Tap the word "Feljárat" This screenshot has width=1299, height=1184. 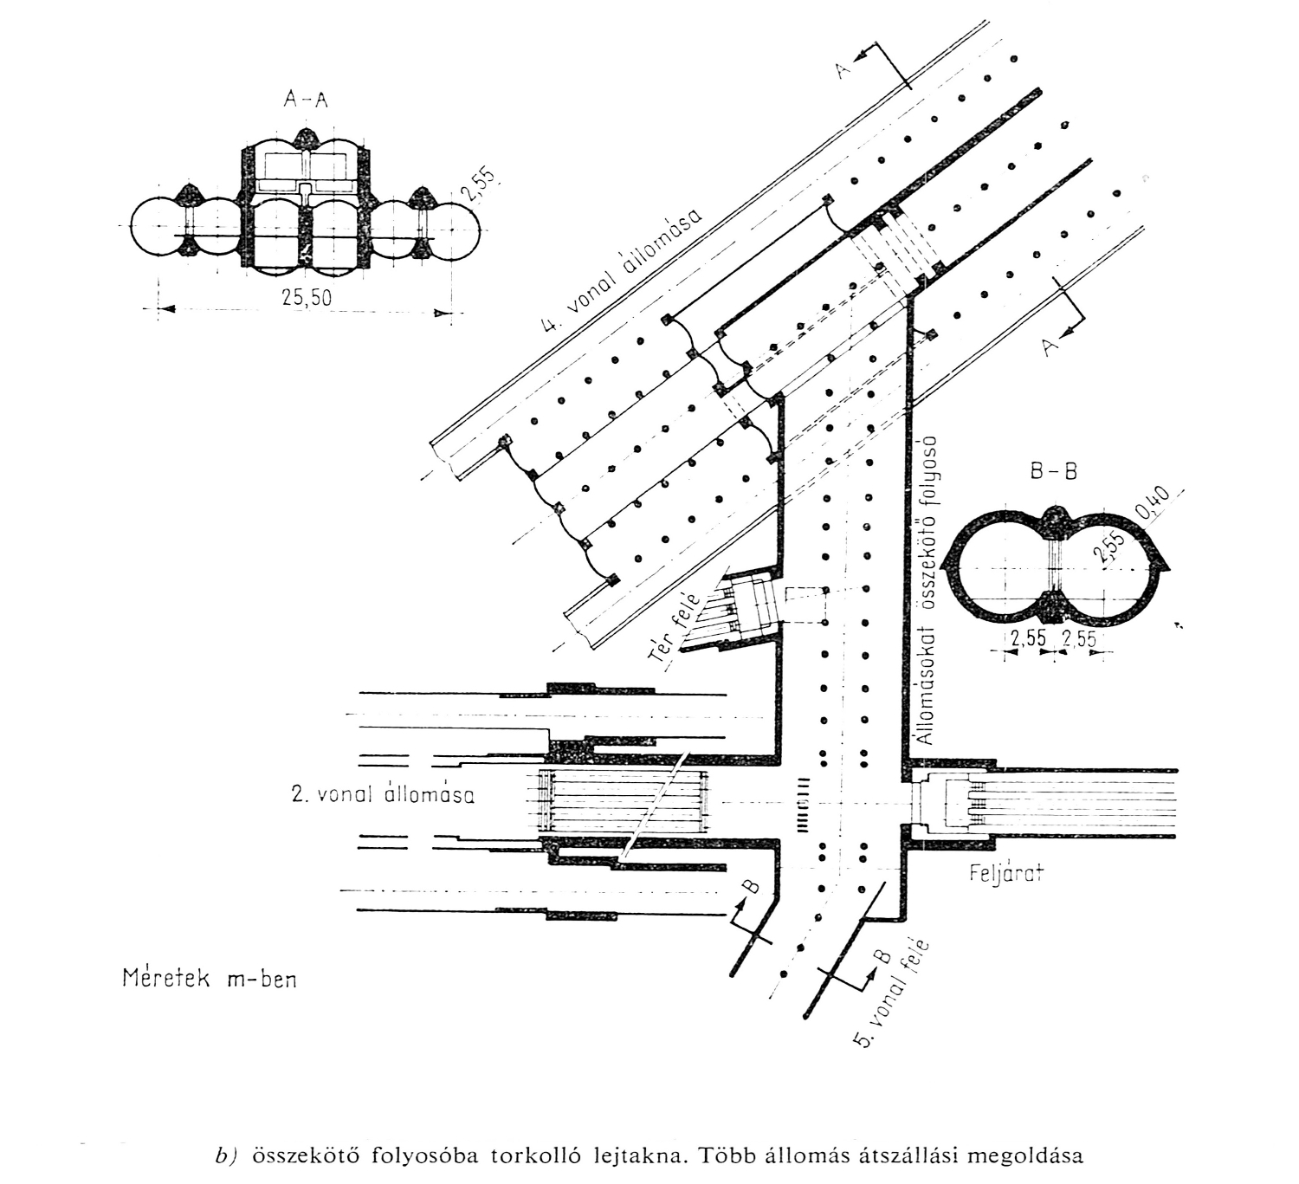[x=1005, y=873]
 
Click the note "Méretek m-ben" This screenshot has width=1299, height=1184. [x=209, y=979]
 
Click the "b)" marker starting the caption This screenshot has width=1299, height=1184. [x=226, y=1156]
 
